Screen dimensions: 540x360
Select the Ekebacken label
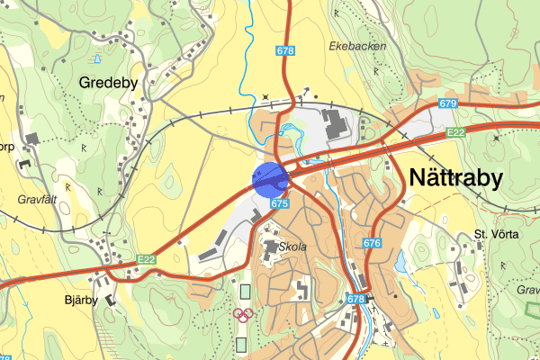coord(357,45)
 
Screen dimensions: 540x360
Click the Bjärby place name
coord(79,301)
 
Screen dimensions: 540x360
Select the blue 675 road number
coord(279,204)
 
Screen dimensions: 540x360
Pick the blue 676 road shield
coord(373,243)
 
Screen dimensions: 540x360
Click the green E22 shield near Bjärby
coord(148,260)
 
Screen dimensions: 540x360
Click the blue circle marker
coord(270,178)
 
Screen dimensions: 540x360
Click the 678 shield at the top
coord(286,52)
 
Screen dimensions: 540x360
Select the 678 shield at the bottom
coord(356,299)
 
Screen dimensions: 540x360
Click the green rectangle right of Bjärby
coord(246,292)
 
